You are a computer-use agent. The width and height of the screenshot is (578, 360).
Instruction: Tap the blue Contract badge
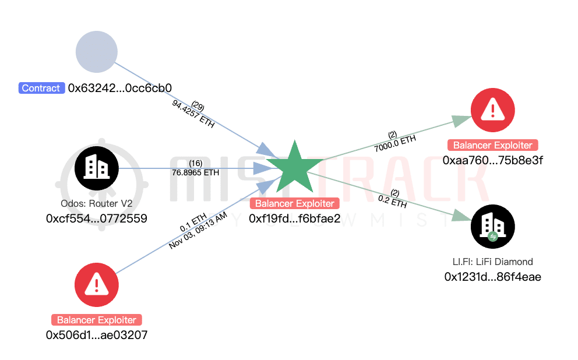pyautogui.click(x=41, y=89)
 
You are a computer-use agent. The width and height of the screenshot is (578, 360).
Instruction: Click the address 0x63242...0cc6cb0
pyautogui.click(x=120, y=89)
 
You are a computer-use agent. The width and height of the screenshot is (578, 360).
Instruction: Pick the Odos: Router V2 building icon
pyautogui.click(x=97, y=167)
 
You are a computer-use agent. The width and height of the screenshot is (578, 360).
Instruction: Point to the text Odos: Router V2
pyautogui.click(x=96, y=204)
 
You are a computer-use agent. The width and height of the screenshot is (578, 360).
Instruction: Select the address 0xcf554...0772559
pyautogui.click(x=97, y=218)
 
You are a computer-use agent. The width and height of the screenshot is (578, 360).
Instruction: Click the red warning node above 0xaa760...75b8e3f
pyautogui.click(x=493, y=109)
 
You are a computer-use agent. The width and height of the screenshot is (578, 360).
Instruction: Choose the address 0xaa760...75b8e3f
pyautogui.click(x=493, y=160)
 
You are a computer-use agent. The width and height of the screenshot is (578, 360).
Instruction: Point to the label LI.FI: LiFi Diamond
pyautogui.click(x=493, y=262)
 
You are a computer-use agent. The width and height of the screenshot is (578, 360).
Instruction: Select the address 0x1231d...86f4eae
pyautogui.click(x=493, y=277)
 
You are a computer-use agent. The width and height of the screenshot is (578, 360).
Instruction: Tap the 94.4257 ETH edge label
pyautogui.click(x=193, y=114)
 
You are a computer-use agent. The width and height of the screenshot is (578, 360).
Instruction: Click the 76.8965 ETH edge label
pyautogui.click(x=196, y=172)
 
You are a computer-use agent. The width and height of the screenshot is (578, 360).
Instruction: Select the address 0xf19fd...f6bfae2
pyautogui.click(x=294, y=218)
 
